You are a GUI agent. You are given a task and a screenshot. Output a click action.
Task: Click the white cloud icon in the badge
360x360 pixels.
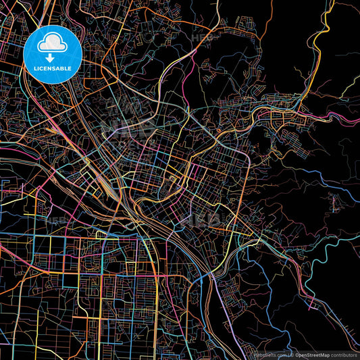(53, 44)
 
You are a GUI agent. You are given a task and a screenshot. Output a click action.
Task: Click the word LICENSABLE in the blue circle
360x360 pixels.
(53, 68)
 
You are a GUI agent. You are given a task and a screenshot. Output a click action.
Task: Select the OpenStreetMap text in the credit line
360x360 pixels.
(311, 355)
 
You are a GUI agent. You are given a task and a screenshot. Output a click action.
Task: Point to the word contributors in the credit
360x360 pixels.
(344, 355)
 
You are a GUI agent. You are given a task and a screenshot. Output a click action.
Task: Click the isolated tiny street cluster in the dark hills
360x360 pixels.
(334, 201)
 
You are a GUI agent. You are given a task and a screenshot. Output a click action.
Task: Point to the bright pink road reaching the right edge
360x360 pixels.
(348, 120)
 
